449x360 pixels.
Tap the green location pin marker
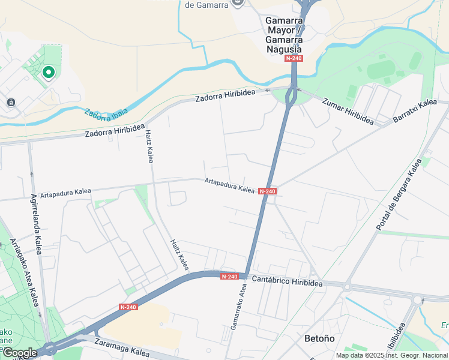(48, 73)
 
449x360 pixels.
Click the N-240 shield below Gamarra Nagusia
(294, 58)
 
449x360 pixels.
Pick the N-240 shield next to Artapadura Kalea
(267, 191)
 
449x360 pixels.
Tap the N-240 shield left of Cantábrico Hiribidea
(229, 277)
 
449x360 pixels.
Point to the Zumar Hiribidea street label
(348, 111)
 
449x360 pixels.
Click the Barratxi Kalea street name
(415, 111)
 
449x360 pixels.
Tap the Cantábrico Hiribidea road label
(287, 281)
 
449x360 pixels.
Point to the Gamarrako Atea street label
(238, 307)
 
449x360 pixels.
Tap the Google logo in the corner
(19, 353)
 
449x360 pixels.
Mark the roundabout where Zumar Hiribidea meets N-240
(291, 95)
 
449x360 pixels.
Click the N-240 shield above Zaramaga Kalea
(128, 307)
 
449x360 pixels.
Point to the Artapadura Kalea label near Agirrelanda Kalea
(65, 193)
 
